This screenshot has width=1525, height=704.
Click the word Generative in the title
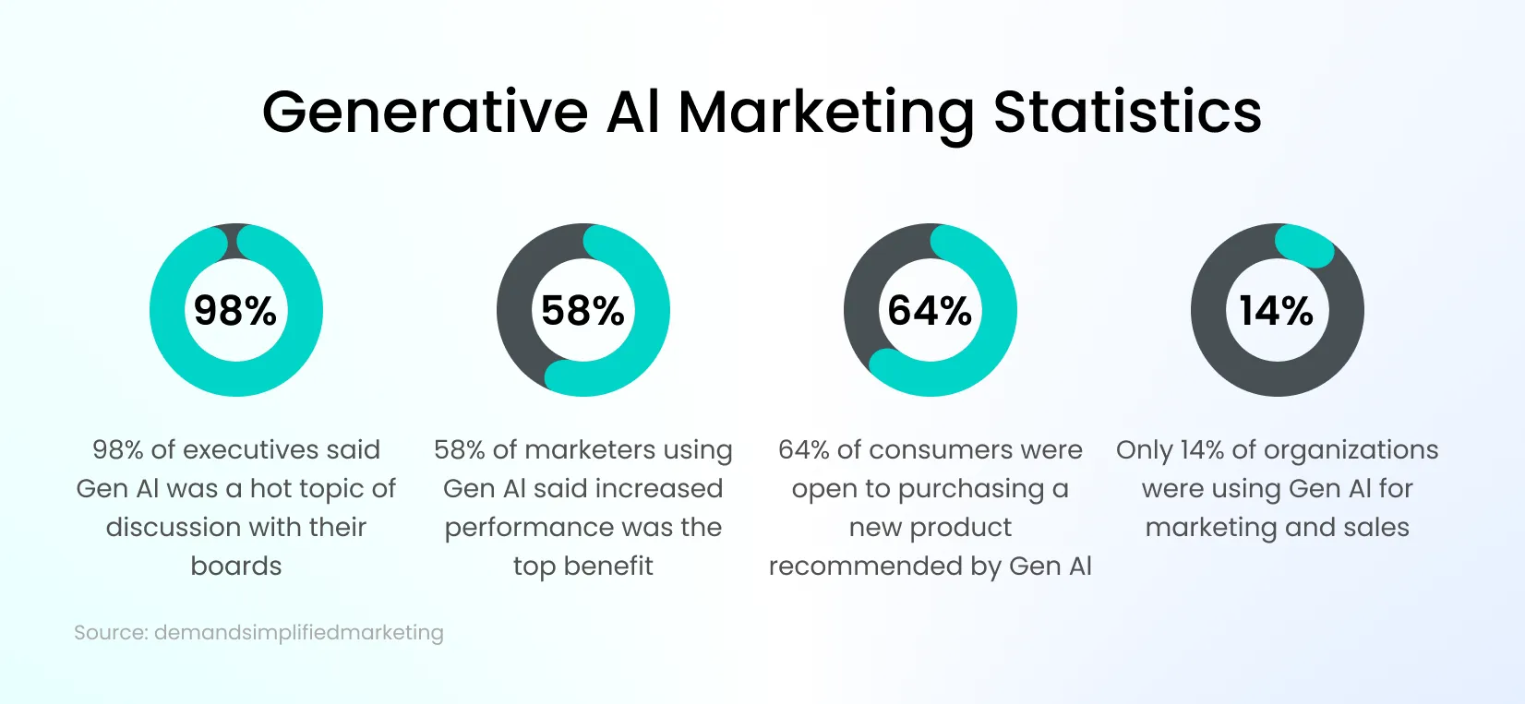click(425, 113)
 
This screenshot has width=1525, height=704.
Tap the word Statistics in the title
click(1127, 113)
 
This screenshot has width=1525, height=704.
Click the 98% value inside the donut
click(235, 310)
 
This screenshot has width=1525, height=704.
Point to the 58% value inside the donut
click(582, 310)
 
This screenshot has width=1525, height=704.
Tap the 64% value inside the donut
click(930, 310)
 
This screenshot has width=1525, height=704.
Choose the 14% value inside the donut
click(1277, 310)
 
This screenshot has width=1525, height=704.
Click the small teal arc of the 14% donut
click(1303, 245)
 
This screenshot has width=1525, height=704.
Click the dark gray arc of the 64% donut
click(868, 286)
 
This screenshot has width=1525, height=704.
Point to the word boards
click(236, 566)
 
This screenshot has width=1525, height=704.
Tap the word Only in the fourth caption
click(1145, 449)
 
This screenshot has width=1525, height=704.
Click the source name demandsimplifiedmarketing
click(298, 633)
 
